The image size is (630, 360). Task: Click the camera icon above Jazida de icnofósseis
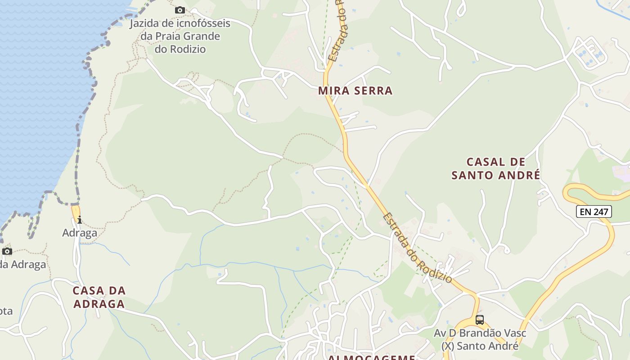pyautogui.click(x=180, y=10)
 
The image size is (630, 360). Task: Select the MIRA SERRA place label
pyautogui.click(x=355, y=90)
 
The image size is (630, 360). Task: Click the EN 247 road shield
pyautogui.click(x=594, y=211)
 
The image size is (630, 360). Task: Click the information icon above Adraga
pyautogui.click(x=80, y=220)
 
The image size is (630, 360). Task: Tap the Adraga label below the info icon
pyautogui.click(x=80, y=233)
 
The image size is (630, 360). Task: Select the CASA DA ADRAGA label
pyautogui.click(x=99, y=297)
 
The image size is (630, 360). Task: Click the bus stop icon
pyautogui.click(x=480, y=320)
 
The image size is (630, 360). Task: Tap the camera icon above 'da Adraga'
pyautogui.click(x=7, y=251)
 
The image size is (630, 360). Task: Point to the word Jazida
pyautogui.click(x=145, y=23)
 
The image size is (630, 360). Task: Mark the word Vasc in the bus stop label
pyautogui.click(x=514, y=334)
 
